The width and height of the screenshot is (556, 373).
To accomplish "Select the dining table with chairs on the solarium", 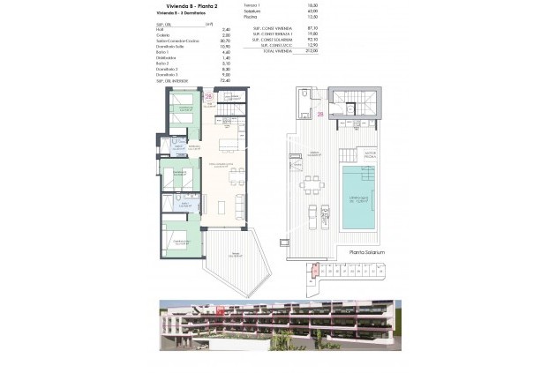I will click(x=311, y=185).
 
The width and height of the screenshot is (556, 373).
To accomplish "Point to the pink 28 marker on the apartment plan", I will click(x=208, y=96).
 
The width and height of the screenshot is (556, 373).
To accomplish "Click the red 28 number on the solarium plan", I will click(x=320, y=114).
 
